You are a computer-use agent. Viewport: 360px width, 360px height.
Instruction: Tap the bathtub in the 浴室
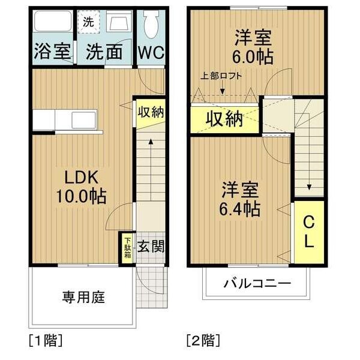pos(53,21)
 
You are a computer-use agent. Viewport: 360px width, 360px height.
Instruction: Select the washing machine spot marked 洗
pos(88,22)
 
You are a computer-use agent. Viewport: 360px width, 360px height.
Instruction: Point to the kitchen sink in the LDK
pos(84,120)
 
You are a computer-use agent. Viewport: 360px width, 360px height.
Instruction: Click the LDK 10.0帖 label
pos(82,187)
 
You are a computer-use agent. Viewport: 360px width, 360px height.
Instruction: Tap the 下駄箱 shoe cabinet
pos(127,248)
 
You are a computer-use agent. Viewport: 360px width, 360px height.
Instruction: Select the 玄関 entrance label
pos(151,247)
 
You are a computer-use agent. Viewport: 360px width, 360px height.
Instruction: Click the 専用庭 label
pos(83,297)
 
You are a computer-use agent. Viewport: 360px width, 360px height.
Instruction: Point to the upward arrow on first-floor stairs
pos(151,169)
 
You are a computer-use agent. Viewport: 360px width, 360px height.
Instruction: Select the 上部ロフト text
pos(221,76)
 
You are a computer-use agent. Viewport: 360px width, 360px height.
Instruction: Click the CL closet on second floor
pos(309,232)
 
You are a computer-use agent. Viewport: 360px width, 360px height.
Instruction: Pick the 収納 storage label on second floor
pos(224,119)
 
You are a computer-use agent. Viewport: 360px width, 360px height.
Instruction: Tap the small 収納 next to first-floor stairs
pos(151,112)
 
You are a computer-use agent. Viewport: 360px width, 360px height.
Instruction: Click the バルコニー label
pos(257,284)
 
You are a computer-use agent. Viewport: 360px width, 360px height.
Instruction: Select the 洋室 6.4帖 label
pos(239,199)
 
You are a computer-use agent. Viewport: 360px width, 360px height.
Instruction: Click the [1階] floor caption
pos(46,340)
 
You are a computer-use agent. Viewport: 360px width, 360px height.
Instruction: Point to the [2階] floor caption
pos(203,340)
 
